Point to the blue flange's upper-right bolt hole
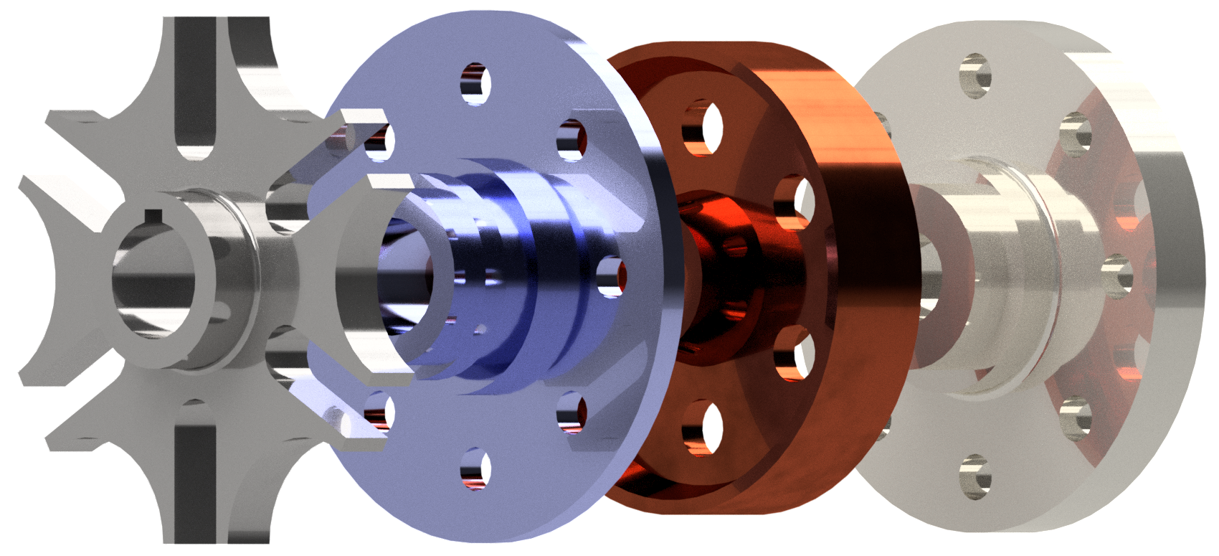571,137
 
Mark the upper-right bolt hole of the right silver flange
1076,133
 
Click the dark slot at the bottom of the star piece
195,473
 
